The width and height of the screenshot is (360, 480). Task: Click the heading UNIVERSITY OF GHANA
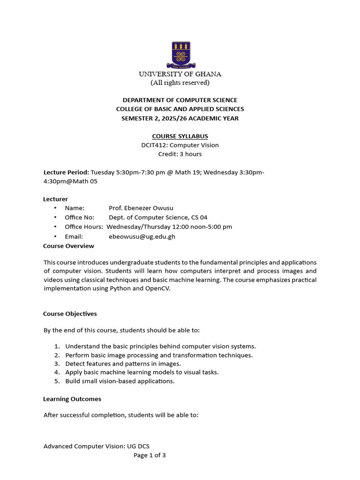click(180, 74)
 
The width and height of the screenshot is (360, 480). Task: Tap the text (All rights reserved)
click(180, 83)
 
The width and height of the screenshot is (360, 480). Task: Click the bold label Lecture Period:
click(66, 172)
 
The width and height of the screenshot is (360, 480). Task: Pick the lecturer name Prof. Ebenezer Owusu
click(137, 208)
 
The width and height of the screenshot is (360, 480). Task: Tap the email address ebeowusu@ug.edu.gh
click(142, 237)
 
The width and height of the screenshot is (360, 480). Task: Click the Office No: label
click(79, 217)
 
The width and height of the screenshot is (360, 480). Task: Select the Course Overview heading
click(68, 246)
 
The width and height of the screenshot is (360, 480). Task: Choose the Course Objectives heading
click(70, 314)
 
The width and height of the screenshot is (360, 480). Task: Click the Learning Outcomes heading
click(72, 399)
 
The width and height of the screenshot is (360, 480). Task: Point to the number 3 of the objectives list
click(57, 364)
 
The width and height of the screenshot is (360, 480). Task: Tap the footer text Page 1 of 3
click(150, 455)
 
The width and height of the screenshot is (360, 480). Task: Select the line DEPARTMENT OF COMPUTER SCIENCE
click(180, 100)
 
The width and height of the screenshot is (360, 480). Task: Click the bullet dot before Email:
click(55, 237)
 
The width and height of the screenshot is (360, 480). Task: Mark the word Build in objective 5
click(73, 382)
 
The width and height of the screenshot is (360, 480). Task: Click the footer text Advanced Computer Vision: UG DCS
click(97, 447)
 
